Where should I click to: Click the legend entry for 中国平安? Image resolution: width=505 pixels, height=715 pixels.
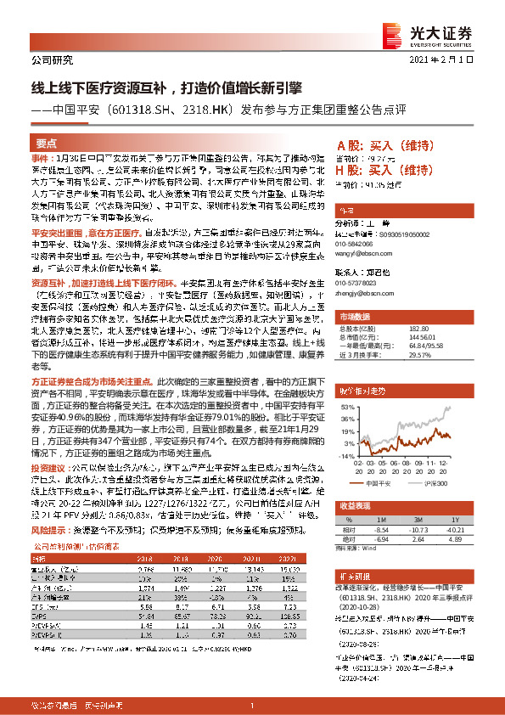(x=385, y=481)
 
